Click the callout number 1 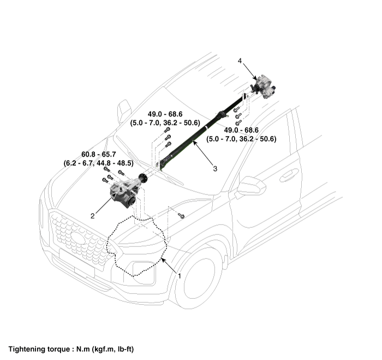pyautogui.click(x=179, y=276)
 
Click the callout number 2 pyautogui.click(x=93, y=216)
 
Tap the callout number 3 pyautogui.click(x=215, y=169)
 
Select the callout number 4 pyautogui.click(x=240, y=61)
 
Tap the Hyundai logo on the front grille pyautogui.click(x=79, y=238)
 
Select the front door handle pyautogui.click(x=289, y=175)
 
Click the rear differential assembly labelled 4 pyautogui.click(x=265, y=85)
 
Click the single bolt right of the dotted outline pyautogui.click(x=182, y=216)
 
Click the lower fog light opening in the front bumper pyautogui.click(x=143, y=269)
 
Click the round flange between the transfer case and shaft pyautogui.click(x=145, y=178)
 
